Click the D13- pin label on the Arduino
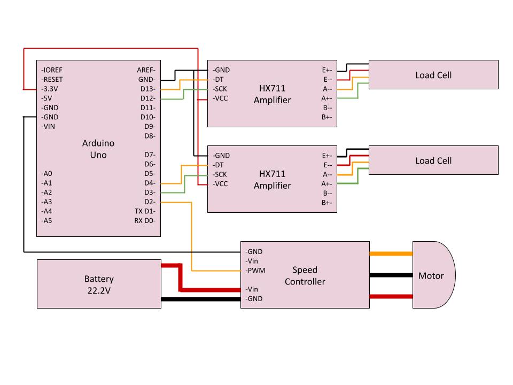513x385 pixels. [x=147, y=89]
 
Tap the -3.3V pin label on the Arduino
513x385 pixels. [x=52, y=89]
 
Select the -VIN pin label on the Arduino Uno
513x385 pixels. [x=49, y=127]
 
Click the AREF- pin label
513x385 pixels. [x=146, y=70]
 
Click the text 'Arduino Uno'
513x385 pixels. [x=98, y=149]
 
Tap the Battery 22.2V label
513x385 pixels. [x=99, y=284]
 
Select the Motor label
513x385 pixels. [x=431, y=276]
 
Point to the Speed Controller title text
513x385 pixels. [x=305, y=276]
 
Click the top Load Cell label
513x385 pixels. [x=433, y=75]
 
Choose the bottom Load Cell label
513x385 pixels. [x=433, y=160]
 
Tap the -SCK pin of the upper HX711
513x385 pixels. [x=220, y=89]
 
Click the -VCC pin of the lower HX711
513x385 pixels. [x=220, y=183]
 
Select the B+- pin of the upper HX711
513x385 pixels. [x=327, y=117]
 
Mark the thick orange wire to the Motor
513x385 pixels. [x=391, y=254]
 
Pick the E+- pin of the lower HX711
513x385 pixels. [x=327, y=156]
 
